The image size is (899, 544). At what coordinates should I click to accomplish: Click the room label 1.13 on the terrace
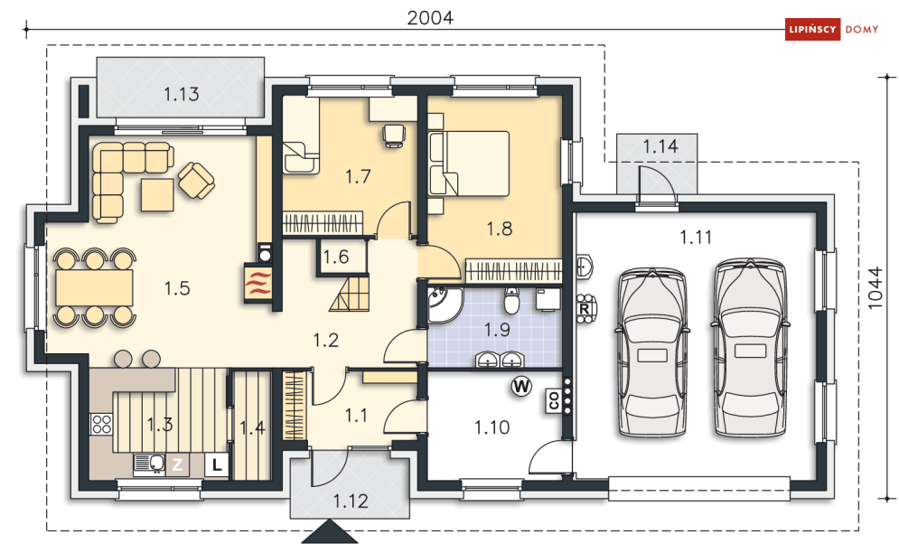[182, 94]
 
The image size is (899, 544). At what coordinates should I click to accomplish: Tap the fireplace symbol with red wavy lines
[258, 283]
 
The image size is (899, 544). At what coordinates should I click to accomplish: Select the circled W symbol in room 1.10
[521, 387]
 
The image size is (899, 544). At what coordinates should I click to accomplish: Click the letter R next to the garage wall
[585, 309]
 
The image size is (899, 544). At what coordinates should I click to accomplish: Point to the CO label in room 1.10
[554, 400]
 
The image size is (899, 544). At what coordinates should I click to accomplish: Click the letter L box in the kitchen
[217, 464]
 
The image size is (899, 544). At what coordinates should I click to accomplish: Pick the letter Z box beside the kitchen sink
[178, 464]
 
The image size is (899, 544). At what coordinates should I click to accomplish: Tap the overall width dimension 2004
[430, 18]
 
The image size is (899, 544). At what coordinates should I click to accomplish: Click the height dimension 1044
[875, 288]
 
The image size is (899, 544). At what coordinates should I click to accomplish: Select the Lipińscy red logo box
[812, 29]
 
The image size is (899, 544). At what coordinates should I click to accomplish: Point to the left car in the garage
[652, 352]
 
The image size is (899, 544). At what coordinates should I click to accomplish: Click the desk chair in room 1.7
[394, 136]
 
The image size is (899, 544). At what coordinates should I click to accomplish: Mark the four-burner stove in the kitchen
[101, 424]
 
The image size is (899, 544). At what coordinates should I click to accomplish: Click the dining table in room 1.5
[95, 287]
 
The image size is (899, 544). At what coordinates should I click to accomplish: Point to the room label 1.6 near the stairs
[336, 257]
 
